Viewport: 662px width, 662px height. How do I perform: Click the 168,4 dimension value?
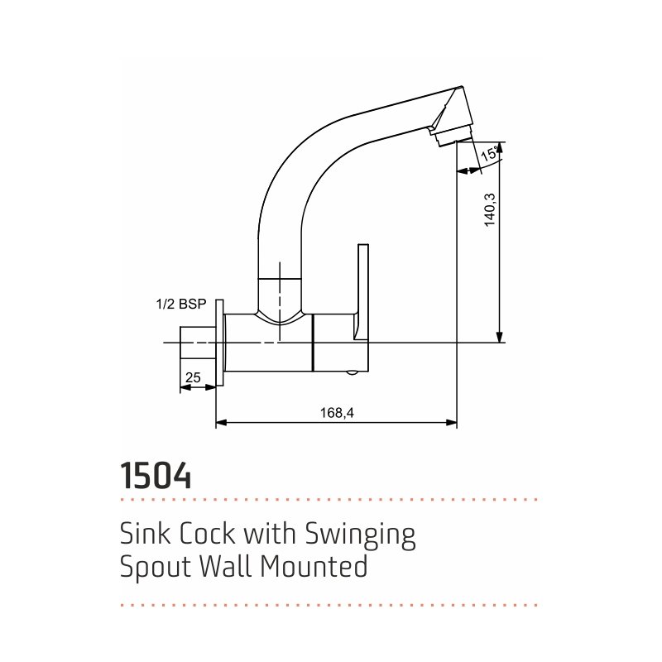[337, 412]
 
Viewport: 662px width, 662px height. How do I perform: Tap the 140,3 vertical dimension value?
[490, 210]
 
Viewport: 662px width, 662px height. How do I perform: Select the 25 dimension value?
[193, 377]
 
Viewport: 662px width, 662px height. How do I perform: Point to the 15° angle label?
[489, 153]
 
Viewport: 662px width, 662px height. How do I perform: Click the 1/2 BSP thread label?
[181, 304]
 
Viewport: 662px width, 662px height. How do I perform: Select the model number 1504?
[156, 475]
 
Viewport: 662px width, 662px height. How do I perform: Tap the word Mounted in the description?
[314, 566]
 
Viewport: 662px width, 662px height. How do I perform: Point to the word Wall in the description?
[226, 566]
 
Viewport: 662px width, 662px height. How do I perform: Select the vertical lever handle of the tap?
[362, 292]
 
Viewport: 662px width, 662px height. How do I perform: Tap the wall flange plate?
[219, 343]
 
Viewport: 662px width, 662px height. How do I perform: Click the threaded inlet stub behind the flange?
[198, 343]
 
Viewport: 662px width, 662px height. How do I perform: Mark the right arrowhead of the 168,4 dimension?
[452, 422]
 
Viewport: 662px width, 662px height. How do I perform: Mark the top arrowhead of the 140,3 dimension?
[500, 147]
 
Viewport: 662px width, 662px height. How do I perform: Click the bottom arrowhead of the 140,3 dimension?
[500, 337]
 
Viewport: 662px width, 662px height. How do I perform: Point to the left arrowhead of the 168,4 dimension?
[221, 422]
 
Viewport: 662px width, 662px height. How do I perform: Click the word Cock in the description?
[208, 533]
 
